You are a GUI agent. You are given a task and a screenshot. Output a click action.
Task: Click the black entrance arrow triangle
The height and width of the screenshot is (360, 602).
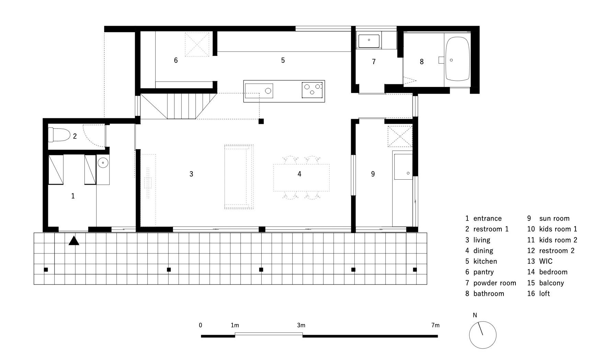click(x=74, y=241)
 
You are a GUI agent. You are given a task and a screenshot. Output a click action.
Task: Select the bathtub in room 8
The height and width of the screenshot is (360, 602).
click(x=457, y=59)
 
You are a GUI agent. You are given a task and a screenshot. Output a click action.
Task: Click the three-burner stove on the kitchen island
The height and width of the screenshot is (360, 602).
click(x=312, y=90)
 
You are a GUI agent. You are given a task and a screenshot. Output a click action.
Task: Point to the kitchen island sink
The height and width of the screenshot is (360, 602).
click(x=259, y=91)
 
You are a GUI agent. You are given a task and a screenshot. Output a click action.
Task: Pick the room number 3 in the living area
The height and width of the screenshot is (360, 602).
click(x=191, y=174)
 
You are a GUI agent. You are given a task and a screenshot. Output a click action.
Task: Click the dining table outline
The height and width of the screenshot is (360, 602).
click(x=302, y=178)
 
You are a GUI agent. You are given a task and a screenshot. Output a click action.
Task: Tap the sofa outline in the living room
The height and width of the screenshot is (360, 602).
click(x=239, y=177)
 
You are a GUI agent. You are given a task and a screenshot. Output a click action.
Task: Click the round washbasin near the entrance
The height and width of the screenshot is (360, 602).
click(x=103, y=162)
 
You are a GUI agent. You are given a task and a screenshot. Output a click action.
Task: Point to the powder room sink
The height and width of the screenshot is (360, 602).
click(x=369, y=40)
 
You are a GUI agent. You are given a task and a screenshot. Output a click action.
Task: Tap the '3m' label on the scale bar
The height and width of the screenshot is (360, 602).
click(x=301, y=325)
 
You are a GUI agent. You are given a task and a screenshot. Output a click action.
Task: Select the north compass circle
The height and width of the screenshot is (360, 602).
click(x=483, y=335)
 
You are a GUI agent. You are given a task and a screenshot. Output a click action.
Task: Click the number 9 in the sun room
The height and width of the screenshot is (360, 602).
click(x=373, y=174)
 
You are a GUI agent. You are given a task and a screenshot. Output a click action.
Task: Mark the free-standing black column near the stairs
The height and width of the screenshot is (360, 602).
click(x=261, y=121)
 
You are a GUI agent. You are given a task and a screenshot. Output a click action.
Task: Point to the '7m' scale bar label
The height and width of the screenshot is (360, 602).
click(x=435, y=325)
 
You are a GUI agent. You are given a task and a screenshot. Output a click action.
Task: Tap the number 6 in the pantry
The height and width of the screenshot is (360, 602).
click(x=176, y=60)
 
